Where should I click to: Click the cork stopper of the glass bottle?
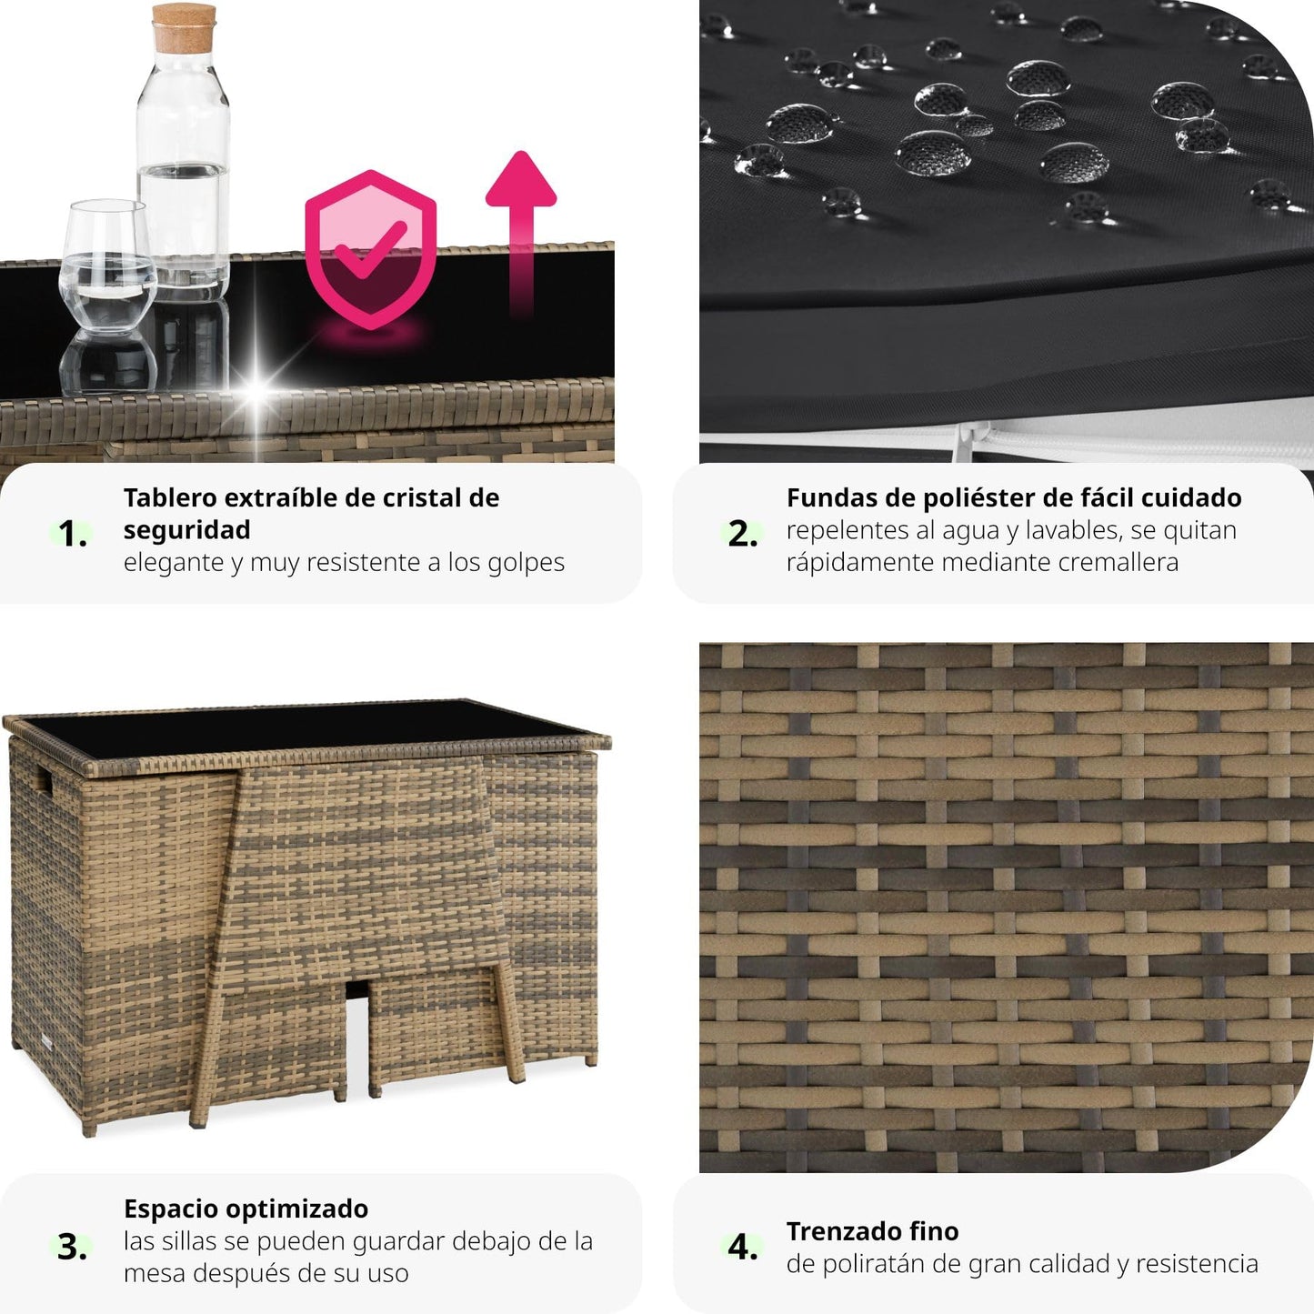pos(184,28)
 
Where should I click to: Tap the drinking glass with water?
pos(107,266)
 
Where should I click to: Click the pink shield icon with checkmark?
pos(370,249)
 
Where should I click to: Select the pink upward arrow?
pos(521,232)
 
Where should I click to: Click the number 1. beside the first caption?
pos(72,533)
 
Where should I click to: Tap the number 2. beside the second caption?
pos(743,533)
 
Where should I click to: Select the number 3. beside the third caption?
pos(72,1248)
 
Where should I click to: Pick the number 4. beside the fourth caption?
pos(743,1248)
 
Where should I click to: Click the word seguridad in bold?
pos(186,530)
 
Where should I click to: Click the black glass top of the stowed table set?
pos(306,728)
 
